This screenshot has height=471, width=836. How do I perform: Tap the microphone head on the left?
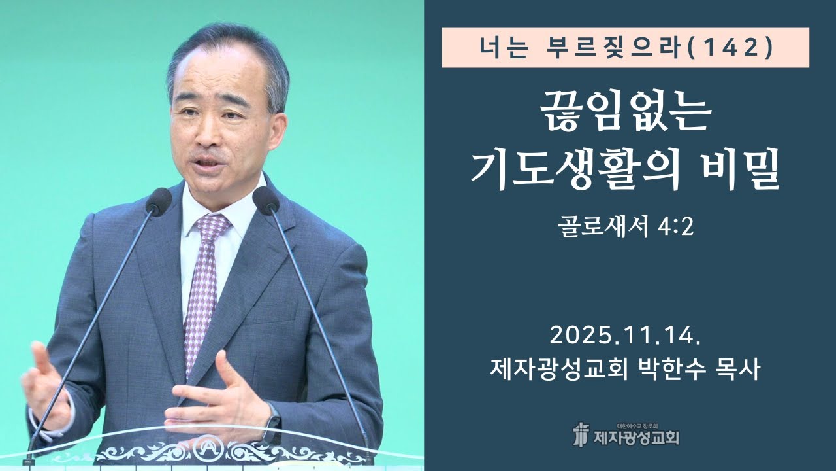click(159, 201)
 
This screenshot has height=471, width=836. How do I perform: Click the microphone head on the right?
click(265, 200)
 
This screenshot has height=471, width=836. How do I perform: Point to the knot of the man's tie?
click(213, 228)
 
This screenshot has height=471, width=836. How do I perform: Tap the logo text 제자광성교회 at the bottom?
click(637, 437)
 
